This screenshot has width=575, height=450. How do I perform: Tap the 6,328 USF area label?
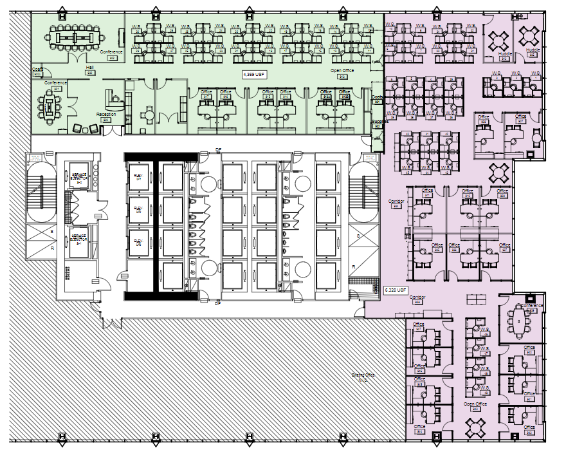pos(396,290)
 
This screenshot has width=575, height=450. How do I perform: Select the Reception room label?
pos(106,115)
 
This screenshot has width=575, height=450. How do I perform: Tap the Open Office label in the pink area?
pos(475,404)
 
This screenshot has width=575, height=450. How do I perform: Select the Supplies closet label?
pos(380,121)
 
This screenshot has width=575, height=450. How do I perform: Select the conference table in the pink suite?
pos(518,320)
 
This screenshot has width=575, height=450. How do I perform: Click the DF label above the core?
pos(218,151)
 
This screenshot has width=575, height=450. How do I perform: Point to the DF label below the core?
pos(217,302)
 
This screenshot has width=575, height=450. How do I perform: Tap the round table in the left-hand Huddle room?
pos(499,39)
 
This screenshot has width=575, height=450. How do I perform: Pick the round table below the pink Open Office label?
pos(477,426)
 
